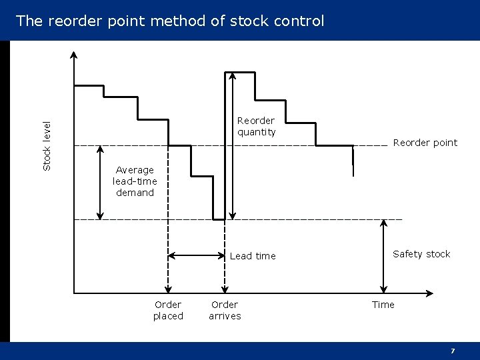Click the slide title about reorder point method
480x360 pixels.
click(170, 21)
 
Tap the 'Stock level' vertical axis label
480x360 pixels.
click(47, 145)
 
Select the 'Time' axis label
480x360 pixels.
click(383, 305)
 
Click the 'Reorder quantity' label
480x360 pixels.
click(256, 126)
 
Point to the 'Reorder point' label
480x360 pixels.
click(425, 143)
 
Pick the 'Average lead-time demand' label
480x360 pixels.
click(135, 181)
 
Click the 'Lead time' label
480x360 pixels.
click(252, 256)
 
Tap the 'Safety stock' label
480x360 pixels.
click(421, 254)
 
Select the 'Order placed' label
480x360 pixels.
click(168, 310)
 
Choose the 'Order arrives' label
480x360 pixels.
click(225, 310)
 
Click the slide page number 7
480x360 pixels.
click(453, 351)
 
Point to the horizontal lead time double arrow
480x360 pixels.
click(197, 255)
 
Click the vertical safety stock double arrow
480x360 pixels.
click(383, 253)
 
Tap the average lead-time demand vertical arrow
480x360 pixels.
click(100, 182)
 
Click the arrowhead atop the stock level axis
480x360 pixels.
click(73, 55)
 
